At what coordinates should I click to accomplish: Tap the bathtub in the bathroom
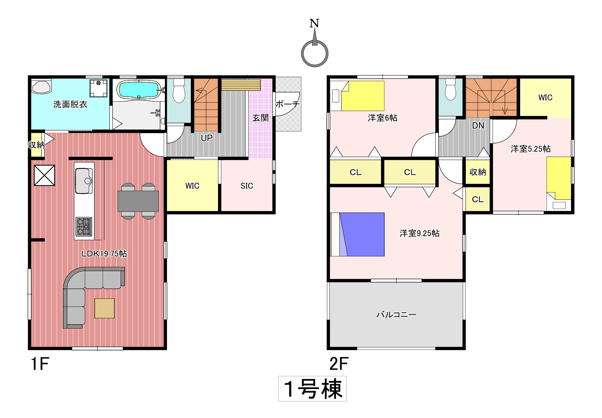pos(139,89)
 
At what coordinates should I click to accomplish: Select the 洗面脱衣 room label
pos(70,104)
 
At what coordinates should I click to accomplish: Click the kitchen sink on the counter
pos(84,181)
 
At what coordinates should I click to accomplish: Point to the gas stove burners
pos(84,227)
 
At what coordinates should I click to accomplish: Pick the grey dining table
pos(138,201)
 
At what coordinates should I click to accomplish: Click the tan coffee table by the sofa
pos(104,308)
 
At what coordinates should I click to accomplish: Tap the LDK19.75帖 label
pos(104,254)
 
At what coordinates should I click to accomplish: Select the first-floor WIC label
pos(192,186)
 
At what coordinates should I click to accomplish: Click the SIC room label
pos(247,186)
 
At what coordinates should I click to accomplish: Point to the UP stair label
pos(207,138)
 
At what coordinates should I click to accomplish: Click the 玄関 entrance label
pos(260,118)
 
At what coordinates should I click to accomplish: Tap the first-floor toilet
pos(179,90)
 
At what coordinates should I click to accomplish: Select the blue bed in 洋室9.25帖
pos(357,235)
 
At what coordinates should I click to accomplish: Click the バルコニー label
pos(396,314)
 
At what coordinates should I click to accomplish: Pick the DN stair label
pos(478,126)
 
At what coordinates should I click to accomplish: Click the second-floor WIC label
pos(545,98)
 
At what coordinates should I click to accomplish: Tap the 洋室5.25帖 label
pos(531,149)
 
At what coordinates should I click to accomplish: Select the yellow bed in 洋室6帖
pos(362,96)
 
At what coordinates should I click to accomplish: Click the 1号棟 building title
pos(312,389)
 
